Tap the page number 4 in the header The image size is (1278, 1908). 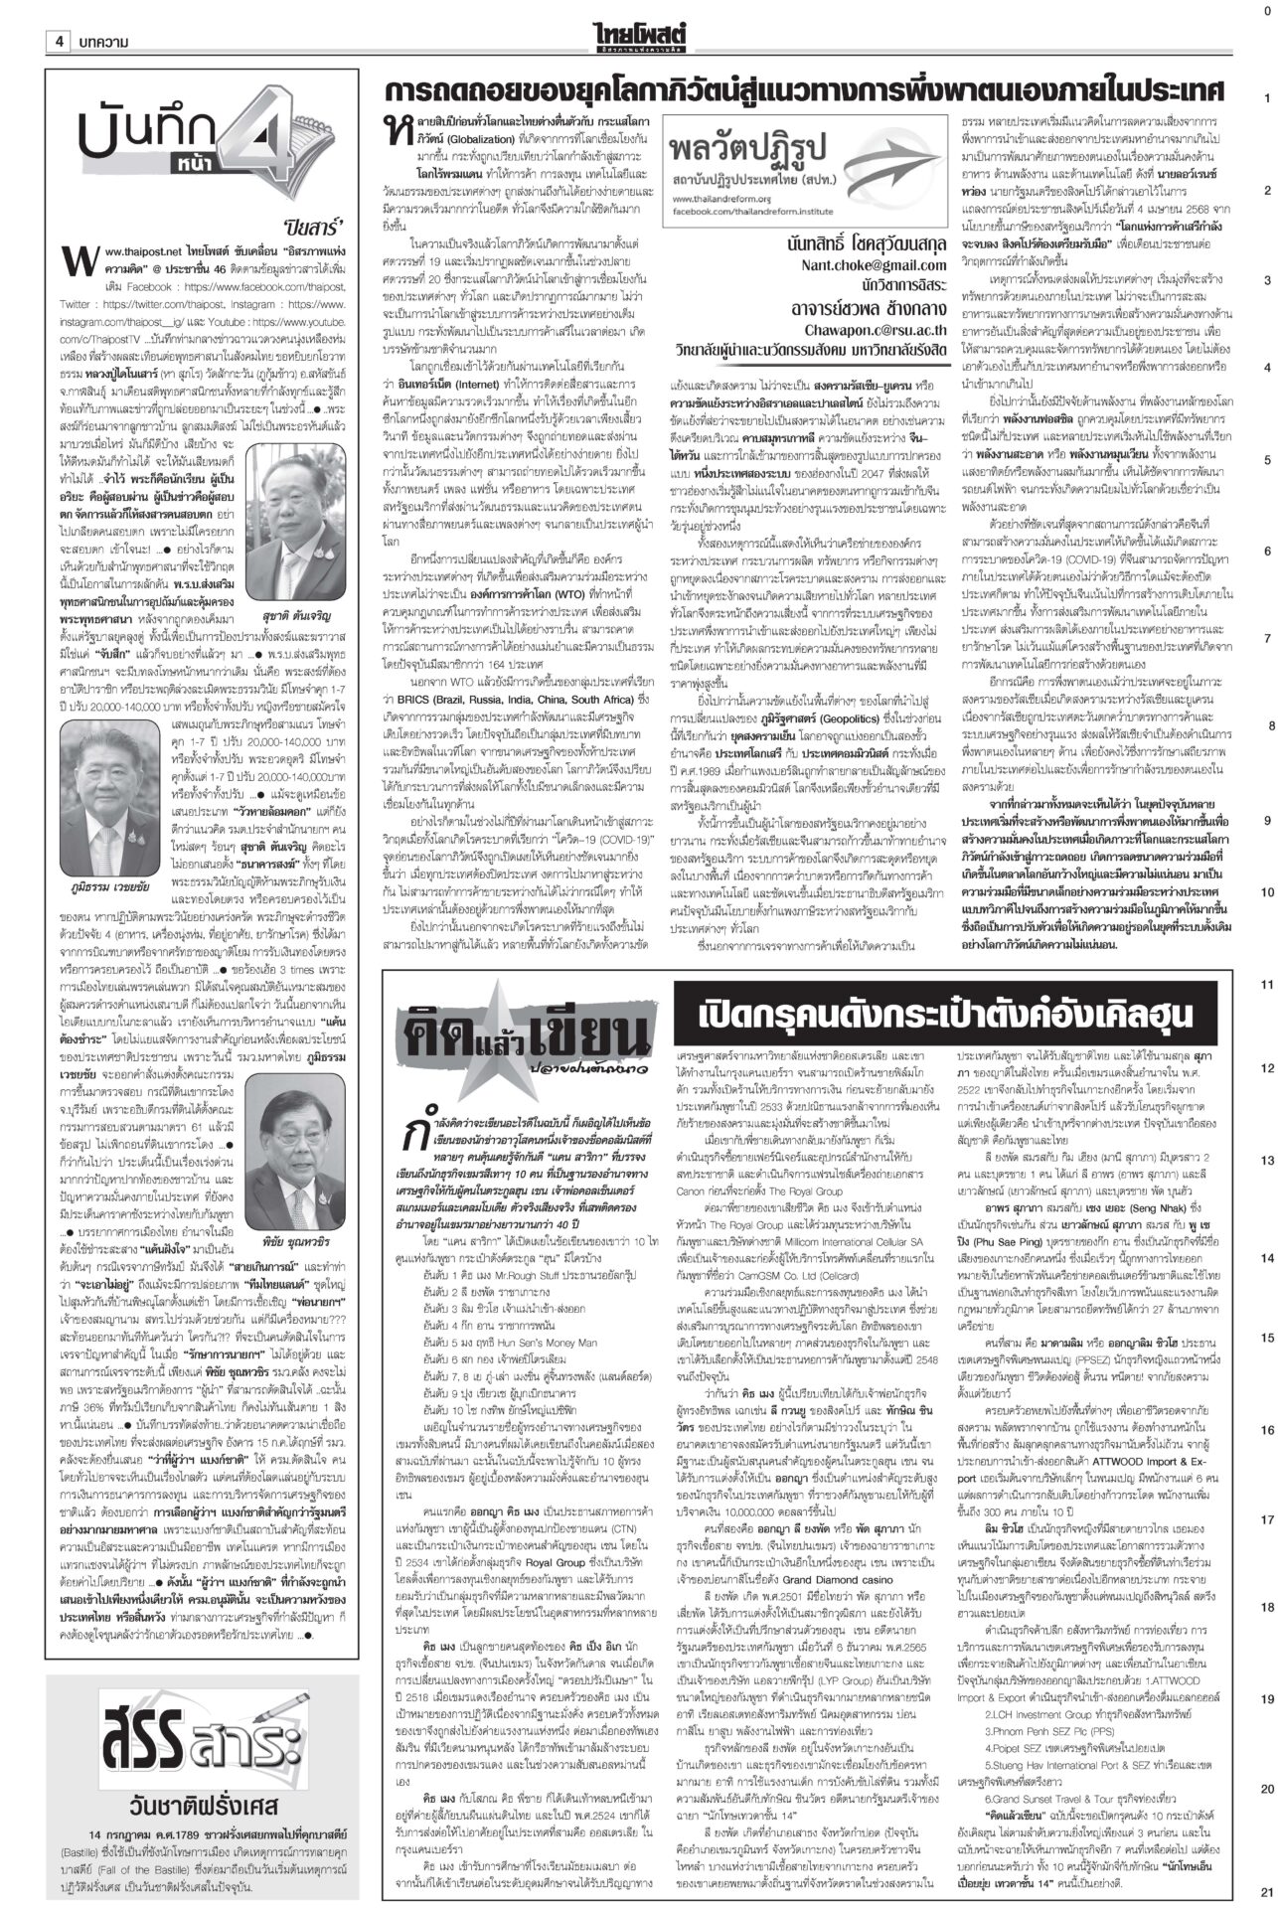[x=60, y=42]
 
